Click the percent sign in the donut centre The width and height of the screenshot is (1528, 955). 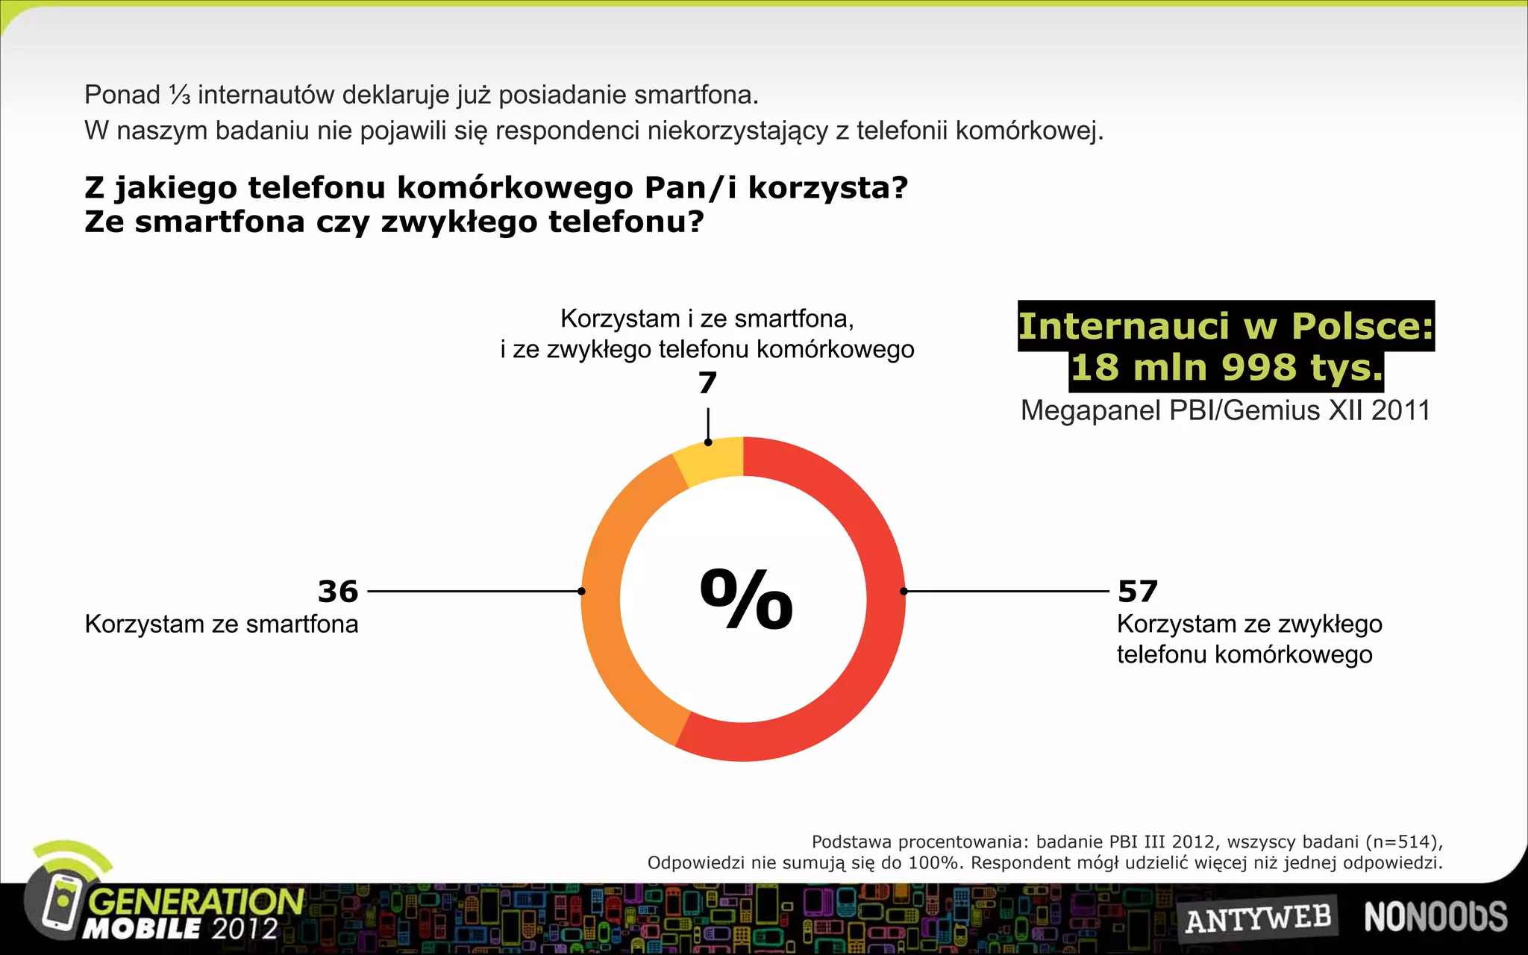745,598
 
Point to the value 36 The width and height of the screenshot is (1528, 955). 338,592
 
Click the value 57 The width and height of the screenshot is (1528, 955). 1137,592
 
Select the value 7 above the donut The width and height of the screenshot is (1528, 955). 707,383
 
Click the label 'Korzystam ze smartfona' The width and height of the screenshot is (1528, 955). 222,624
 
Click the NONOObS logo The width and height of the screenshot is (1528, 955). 1435,917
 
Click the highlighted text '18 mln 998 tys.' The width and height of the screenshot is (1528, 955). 1226,368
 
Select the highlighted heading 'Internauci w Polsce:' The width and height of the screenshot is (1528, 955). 1226,326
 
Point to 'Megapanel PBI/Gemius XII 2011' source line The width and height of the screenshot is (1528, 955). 1225,410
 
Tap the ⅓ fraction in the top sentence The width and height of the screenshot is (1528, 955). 179,95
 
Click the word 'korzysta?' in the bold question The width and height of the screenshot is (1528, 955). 828,188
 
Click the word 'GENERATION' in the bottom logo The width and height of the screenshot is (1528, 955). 196,901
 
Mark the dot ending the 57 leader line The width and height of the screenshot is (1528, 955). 904,591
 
